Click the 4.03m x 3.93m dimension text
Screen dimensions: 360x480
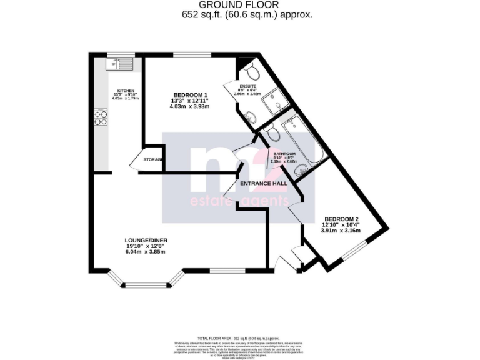point(189,106)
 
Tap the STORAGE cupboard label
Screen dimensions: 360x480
point(153,160)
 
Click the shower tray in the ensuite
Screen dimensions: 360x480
point(273,103)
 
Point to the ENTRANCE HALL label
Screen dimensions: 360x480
point(264,184)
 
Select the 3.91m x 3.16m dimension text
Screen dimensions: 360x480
point(341,231)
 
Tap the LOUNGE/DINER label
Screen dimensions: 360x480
point(146,241)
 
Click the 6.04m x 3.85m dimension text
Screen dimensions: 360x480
point(146,252)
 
